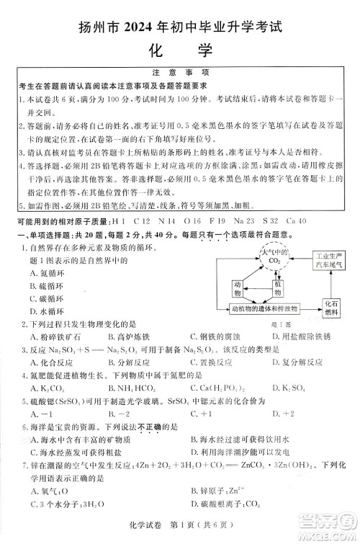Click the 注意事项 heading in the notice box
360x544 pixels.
pos(180,73)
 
